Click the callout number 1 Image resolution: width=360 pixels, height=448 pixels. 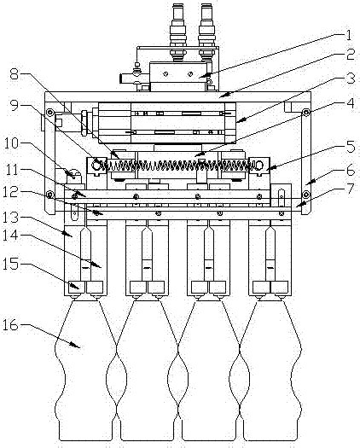pos(348,36)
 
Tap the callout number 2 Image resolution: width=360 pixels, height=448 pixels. pos(351,55)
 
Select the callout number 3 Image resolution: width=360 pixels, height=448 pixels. pos(351,79)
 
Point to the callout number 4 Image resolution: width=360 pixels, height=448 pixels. pos(351,103)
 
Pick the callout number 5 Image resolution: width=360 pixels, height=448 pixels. pos(351,147)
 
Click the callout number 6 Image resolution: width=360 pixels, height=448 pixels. pos(351,171)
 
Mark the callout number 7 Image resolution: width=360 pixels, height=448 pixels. pos(351,189)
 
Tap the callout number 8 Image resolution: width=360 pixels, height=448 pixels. pos(15,74)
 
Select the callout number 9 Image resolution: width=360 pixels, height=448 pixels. pos(15,106)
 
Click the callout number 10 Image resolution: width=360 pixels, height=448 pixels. pos(11,143)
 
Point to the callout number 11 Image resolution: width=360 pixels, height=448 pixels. pos(11,170)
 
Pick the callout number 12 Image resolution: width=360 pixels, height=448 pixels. pos(11,192)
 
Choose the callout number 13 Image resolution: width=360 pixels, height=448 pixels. pos(11,217)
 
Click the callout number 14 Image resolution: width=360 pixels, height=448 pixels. pos(11,235)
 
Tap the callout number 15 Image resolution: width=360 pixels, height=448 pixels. pos(11,264)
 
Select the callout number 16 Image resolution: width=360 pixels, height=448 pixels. pos(11,325)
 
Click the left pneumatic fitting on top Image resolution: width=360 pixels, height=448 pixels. pos(177,31)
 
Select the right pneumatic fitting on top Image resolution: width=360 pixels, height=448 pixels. pos(206,31)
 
